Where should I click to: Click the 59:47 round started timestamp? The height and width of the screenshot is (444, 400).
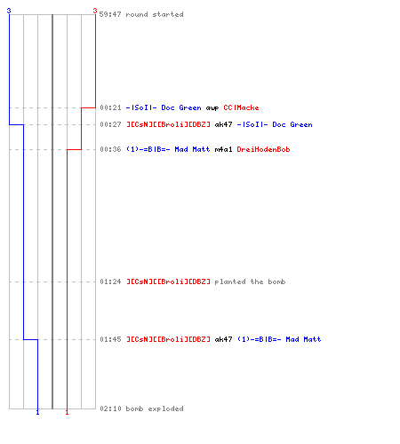coord(110,14)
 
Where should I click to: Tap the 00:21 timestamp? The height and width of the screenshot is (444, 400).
coord(110,107)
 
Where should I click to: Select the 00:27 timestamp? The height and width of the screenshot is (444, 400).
coord(110,124)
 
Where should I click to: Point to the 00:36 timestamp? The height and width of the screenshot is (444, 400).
coord(110,149)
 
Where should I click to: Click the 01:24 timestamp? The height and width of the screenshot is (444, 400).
coord(110,281)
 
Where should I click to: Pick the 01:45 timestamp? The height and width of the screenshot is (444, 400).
coord(110,339)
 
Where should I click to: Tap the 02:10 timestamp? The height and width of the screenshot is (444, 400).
coord(110,408)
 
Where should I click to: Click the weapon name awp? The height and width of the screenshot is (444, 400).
coord(212,108)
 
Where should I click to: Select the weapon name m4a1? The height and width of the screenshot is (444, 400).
coord(223,149)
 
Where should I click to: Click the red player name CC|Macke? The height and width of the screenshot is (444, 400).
coord(241,107)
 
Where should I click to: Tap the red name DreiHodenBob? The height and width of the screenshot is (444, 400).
coord(263,149)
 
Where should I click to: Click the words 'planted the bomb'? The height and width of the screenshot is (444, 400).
coord(250,281)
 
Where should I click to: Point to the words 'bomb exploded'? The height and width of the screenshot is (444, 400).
coord(155,408)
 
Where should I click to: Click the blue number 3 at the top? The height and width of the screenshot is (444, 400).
coord(9,11)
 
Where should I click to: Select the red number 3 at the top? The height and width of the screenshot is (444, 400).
coord(95,11)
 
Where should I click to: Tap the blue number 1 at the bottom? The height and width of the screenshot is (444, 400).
coord(37,412)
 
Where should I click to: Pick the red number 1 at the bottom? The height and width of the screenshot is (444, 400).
coord(67,412)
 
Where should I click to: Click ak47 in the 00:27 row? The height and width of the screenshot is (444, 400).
coord(223,124)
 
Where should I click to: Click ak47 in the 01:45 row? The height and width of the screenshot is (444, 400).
coord(223,339)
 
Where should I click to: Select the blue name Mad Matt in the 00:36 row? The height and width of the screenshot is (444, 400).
coord(192,149)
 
